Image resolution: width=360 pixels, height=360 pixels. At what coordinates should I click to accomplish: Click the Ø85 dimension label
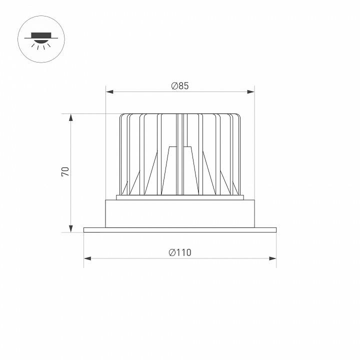click(180, 86)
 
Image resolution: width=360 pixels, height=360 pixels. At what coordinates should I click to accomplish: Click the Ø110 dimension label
click(180, 252)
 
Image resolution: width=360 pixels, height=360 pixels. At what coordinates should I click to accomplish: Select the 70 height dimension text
click(64, 171)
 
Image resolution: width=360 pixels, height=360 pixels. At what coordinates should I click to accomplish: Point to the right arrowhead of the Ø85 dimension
click(250, 92)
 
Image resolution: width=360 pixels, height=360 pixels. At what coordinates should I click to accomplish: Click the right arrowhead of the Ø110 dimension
click(272, 258)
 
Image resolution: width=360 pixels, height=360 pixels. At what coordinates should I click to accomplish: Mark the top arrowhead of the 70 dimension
click(71, 118)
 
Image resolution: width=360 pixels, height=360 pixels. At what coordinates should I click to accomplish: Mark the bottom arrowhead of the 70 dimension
click(71, 227)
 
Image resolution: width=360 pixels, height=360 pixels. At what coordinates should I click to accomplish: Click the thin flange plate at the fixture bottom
click(180, 230)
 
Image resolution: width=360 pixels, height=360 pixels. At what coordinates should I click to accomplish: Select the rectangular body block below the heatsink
click(180, 213)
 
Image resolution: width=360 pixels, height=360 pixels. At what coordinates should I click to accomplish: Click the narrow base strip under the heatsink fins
click(180, 197)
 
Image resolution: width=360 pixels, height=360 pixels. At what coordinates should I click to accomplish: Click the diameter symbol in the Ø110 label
click(172, 252)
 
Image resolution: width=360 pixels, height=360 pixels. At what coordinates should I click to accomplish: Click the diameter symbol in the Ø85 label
click(173, 86)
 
